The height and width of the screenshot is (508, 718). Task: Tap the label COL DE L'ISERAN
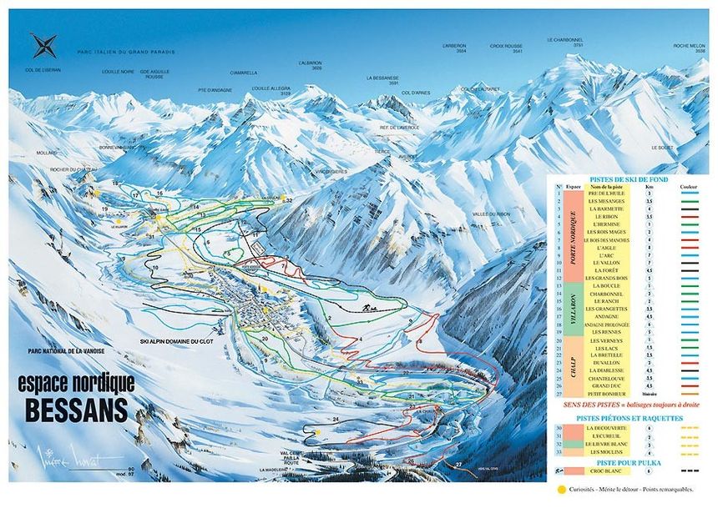[x=43, y=70]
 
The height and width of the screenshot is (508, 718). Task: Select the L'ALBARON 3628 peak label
[x=310, y=65]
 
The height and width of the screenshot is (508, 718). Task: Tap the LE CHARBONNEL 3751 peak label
[x=564, y=41]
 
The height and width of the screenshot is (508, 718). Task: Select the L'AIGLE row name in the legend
[x=607, y=248]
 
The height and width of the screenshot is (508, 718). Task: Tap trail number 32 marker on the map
[x=289, y=201]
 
